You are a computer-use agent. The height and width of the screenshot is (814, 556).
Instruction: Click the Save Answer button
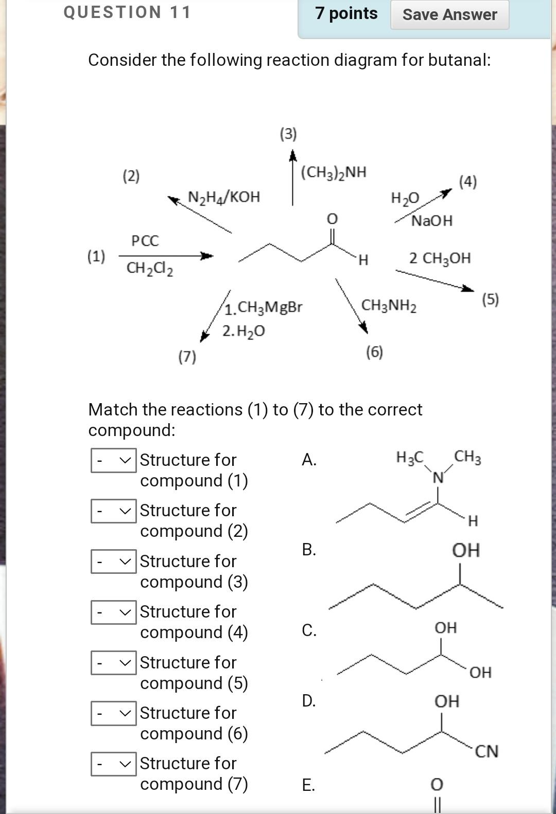[449, 14]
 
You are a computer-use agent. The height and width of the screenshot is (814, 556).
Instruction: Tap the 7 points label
[346, 13]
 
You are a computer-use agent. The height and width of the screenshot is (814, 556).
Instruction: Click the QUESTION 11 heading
[127, 12]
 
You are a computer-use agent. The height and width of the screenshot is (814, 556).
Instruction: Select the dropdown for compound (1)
[114, 460]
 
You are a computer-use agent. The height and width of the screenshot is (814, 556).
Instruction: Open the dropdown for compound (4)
[114, 612]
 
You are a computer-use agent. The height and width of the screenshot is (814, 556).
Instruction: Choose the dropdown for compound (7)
[114, 764]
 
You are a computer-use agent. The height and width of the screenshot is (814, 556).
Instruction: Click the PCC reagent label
[145, 241]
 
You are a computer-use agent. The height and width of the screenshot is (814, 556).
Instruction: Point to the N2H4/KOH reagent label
[224, 197]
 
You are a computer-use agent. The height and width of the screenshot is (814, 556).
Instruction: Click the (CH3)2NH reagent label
[334, 172]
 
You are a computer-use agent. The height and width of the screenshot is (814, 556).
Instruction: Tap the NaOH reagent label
[432, 221]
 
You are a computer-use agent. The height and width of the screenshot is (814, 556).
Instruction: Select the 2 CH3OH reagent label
[440, 258]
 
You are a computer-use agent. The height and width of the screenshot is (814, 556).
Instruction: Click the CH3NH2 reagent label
[389, 305]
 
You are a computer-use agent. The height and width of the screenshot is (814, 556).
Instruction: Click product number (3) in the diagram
[288, 134]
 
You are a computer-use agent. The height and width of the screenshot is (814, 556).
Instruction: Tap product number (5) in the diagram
[491, 299]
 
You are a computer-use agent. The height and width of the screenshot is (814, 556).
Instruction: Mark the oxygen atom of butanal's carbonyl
[333, 219]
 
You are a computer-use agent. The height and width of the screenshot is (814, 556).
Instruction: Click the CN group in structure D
[486, 751]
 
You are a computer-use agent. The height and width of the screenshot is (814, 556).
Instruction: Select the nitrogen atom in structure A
[438, 478]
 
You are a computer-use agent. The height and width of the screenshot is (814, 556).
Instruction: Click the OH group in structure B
[466, 550]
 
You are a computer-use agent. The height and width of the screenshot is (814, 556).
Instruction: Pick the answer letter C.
[309, 630]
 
